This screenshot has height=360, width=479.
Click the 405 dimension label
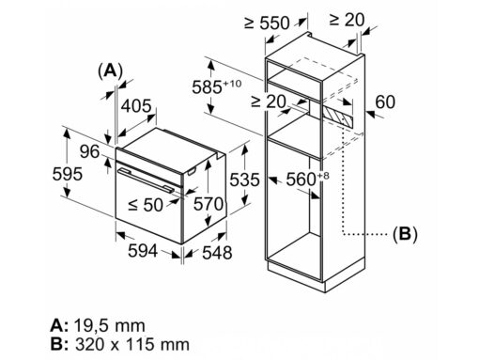136,106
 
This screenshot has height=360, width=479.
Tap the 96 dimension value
89,151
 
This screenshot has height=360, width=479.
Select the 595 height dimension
68,174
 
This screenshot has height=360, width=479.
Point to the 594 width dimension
143,251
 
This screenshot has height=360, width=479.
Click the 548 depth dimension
217,253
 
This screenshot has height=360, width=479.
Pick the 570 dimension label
209,204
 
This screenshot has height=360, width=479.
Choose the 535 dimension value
244,180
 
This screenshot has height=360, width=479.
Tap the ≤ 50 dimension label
146,205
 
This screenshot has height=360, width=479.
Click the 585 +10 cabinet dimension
217,86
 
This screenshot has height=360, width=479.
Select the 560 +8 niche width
308,179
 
